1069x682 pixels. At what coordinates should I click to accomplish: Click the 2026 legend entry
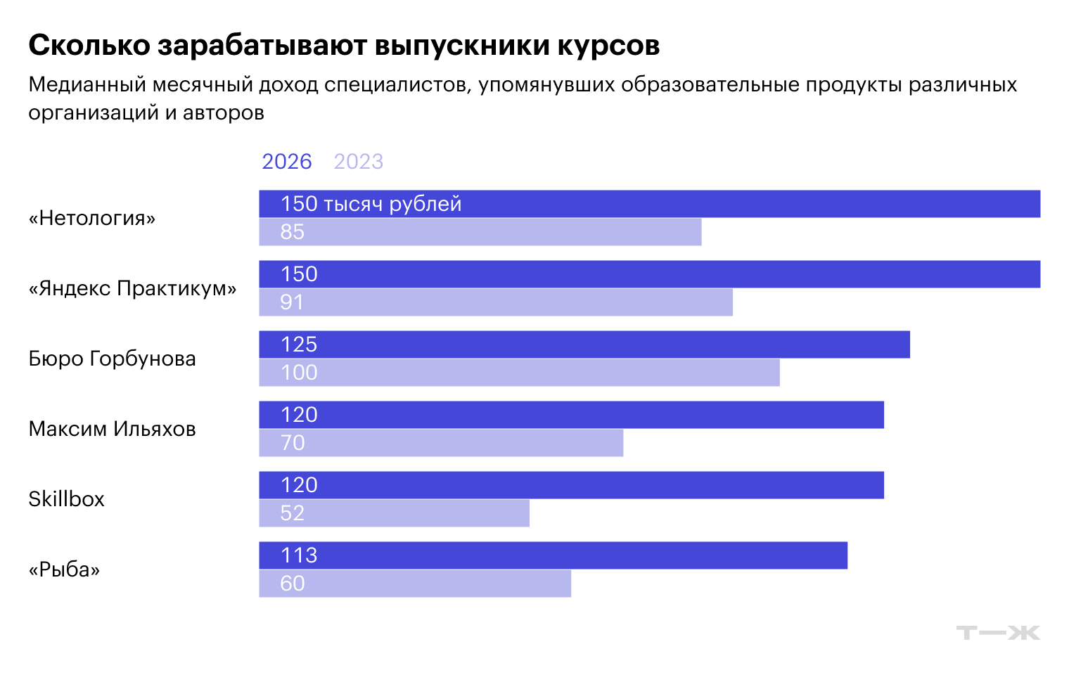[x=286, y=162]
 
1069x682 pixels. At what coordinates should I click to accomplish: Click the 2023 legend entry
[x=358, y=162]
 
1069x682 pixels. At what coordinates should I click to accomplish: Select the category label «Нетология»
[x=92, y=218]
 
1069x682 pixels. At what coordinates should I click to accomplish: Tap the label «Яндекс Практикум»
[x=132, y=288]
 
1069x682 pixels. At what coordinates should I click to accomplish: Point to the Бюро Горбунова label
[x=112, y=359]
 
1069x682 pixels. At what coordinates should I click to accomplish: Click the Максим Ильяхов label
[x=112, y=429]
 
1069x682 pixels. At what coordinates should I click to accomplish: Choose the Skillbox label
[x=66, y=499]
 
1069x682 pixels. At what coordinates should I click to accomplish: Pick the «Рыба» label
[x=64, y=570]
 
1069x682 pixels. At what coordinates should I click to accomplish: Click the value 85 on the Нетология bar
[x=292, y=232]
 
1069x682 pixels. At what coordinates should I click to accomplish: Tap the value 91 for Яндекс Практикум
[x=292, y=302]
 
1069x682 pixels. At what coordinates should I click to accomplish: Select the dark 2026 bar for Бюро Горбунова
[x=584, y=345]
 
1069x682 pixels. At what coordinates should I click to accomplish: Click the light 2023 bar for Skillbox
[x=394, y=513]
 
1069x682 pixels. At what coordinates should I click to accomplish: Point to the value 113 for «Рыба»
[x=299, y=555]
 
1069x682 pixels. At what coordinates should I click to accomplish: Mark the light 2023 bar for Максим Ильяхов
[x=441, y=443]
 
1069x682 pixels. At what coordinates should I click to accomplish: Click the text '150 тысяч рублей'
[x=371, y=204]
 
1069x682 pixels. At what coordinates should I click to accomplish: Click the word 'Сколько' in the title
[x=89, y=45]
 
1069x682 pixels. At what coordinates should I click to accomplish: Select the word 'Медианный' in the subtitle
[x=87, y=84]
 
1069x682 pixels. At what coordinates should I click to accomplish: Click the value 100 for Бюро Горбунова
[x=299, y=373]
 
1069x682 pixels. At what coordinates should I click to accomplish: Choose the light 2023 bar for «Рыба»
[x=415, y=584]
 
